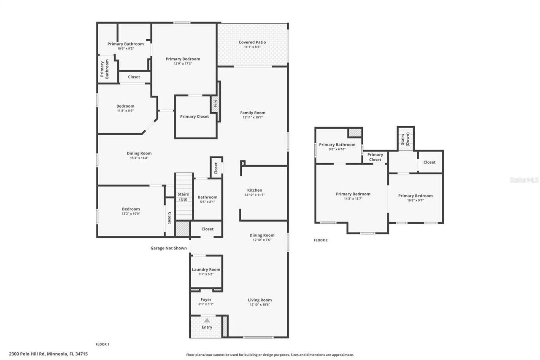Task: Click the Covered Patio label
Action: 252,42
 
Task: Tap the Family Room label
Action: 253,113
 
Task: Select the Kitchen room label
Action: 254,190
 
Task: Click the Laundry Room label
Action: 206,270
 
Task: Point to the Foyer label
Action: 206,300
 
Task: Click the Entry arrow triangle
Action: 207,320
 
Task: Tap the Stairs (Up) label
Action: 183,197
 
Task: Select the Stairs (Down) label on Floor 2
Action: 405,139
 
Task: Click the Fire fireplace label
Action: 215,103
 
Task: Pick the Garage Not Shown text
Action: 168,248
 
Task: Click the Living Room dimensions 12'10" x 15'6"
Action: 259,304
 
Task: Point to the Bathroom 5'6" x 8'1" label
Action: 208,199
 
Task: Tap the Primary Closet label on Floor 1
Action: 194,116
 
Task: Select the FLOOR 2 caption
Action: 321,240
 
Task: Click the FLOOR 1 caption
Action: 103,344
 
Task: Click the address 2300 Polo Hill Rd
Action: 48,354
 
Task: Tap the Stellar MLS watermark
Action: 524,180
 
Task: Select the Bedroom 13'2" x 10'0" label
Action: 131,211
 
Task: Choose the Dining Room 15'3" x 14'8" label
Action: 139,155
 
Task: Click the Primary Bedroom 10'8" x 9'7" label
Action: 415,198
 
